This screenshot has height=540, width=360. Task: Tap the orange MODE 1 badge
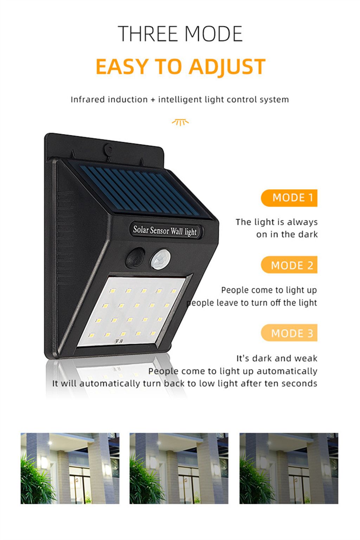[x=289, y=198]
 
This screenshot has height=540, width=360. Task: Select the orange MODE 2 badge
[x=289, y=265]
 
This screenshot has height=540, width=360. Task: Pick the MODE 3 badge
[x=289, y=333]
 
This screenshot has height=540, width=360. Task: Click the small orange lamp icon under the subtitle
[x=180, y=122]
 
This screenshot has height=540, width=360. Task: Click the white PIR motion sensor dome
[x=160, y=260]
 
